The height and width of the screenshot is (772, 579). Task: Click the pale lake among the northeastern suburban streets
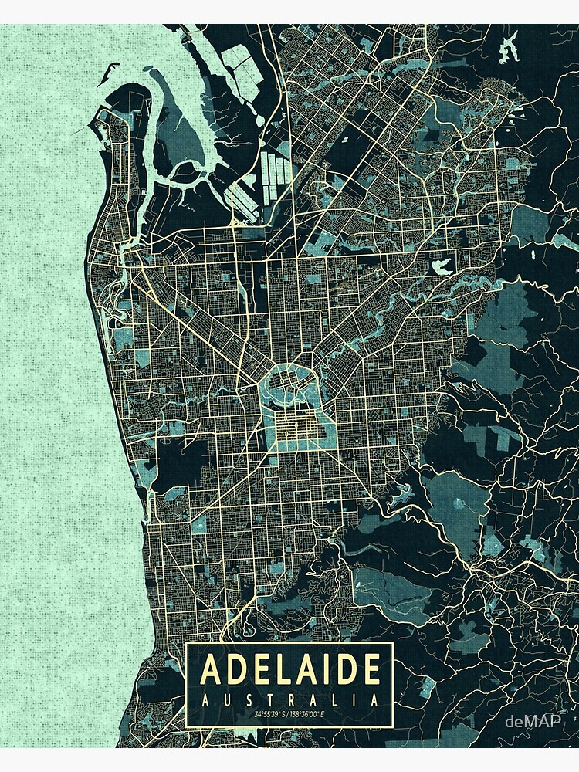coord(442,267)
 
